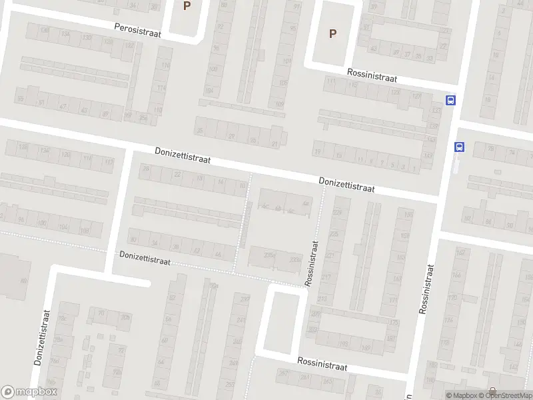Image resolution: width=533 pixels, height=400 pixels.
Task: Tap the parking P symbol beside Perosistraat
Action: pos(187,5)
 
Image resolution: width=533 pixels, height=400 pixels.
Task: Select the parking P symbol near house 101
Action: pos(332,33)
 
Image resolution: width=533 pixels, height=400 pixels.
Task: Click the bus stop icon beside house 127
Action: pos(451,101)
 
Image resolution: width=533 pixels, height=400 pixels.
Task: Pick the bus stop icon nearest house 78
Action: pos(459,147)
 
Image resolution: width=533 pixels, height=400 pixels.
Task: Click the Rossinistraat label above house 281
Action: pos(322,367)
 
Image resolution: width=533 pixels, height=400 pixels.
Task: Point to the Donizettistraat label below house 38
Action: pos(145,256)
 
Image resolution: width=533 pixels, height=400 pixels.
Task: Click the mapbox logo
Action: pos(29,392)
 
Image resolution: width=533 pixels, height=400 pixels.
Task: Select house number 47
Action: pos(63,107)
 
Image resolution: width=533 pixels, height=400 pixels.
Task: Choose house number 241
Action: pos(235,341)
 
